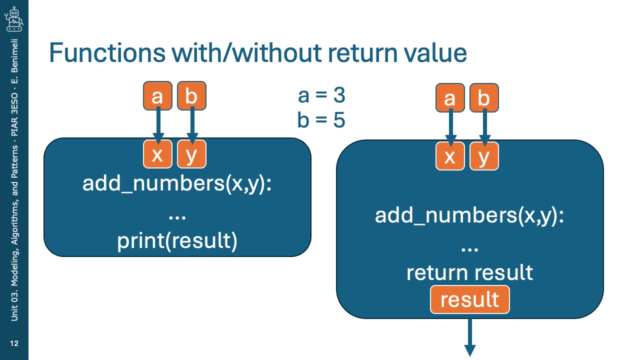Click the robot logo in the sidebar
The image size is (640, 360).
[x=14, y=19]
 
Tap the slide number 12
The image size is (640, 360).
[x=14, y=343]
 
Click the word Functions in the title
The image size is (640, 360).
[x=107, y=52]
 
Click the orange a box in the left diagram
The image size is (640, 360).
[x=157, y=95]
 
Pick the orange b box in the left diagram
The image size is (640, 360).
[x=191, y=95]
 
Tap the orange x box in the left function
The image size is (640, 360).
[x=157, y=154]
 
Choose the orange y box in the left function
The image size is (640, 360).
[x=191, y=154]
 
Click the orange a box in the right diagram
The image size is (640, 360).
[x=450, y=97]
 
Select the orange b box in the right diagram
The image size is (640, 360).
[x=484, y=97]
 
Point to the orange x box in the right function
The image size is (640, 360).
[x=450, y=156]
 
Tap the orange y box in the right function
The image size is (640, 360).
[x=484, y=156]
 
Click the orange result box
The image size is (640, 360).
[x=469, y=299]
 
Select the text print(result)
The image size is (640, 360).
[x=177, y=241]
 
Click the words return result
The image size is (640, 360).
[x=469, y=272]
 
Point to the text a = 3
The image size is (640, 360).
[x=321, y=95]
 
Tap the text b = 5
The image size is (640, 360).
[x=321, y=119]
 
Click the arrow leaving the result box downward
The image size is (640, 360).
[x=469, y=337]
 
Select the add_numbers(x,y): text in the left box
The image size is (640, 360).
[x=177, y=183]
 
